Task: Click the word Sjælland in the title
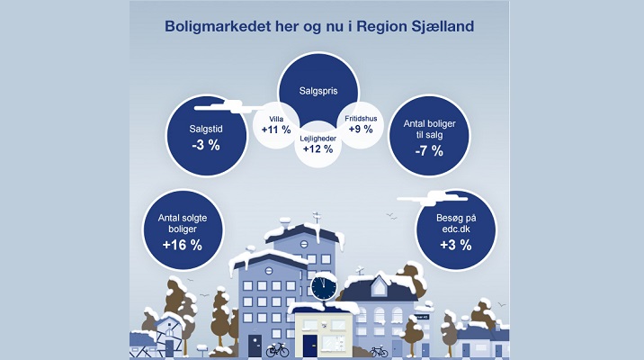click(x=443, y=27)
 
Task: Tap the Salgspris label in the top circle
click(x=318, y=91)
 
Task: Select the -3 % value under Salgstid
click(x=206, y=145)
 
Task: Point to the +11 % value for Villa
click(x=276, y=130)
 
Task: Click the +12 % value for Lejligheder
click(x=318, y=148)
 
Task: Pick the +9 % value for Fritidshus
click(x=361, y=129)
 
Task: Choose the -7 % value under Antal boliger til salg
click(x=429, y=151)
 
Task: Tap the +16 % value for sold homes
click(x=183, y=246)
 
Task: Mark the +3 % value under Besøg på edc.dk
click(x=456, y=246)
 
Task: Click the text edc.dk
click(x=456, y=229)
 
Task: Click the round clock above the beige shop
click(x=324, y=287)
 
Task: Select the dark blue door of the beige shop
click(x=310, y=346)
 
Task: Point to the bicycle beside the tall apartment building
click(x=277, y=350)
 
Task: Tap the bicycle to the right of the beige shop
click(x=379, y=351)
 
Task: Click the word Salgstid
click(x=206, y=129)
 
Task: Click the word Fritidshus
click(x=361, y=119)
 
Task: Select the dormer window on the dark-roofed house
click(x=379, y=287)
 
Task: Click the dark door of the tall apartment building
click(x=255, y=346)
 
